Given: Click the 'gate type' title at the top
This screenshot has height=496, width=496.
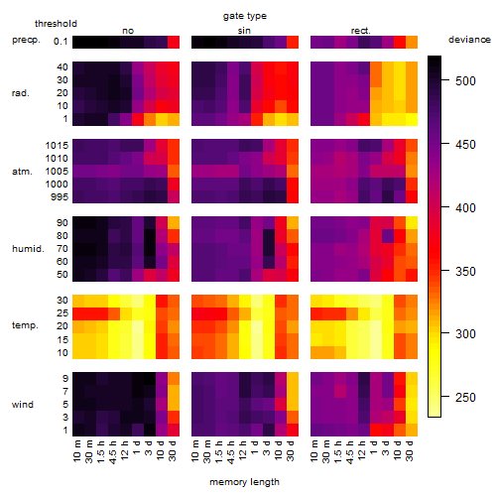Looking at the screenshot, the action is (x=245, y=16).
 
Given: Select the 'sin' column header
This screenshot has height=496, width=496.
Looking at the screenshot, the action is (x=244, y=31).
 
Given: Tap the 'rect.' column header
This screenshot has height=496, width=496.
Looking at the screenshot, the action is (x=360, y=31).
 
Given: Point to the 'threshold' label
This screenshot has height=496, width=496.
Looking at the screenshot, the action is (x=56, y=24).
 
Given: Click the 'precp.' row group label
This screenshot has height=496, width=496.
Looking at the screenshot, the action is (x=26, y=40).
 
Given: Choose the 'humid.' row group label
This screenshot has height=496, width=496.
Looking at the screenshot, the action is (x=28, y=248).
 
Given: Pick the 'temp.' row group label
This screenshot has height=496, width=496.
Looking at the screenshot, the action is (x=25, y=325).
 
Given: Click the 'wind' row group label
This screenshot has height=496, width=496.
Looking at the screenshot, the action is (x=23, y=404).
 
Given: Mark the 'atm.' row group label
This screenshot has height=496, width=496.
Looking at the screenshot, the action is (x=22, y=172).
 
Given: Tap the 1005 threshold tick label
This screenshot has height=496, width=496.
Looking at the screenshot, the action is (x=57, y=171).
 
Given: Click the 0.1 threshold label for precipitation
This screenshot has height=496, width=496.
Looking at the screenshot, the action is (x=61, y=42).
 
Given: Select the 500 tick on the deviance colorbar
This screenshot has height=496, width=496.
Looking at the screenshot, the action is (x=465, y=80).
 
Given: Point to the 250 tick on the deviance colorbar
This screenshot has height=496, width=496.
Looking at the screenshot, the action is (x=465, y=397).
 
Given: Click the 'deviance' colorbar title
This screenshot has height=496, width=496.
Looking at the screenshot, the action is (x=469, y=40).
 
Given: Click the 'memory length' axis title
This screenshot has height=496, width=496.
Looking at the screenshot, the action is (x=245, y=482).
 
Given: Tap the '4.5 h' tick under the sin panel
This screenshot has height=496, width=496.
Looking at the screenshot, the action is (x=231, y=451).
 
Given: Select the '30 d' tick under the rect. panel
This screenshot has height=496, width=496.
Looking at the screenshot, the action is (x=410, y=450).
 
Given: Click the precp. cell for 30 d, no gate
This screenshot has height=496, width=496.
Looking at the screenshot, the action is (x=174, y=42).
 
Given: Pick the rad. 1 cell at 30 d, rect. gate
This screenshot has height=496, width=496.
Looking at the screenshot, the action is (x=412, y=119).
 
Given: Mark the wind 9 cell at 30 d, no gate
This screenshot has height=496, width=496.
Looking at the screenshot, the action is (x=174, y=379).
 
